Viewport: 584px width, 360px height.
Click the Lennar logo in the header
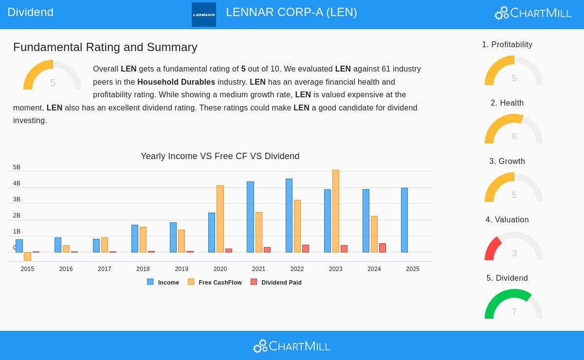(204, 15)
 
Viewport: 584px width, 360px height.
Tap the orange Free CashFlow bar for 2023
(336, 211)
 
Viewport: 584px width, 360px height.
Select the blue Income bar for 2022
(289, 216)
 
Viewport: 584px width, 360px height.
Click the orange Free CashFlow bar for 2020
(220, 219)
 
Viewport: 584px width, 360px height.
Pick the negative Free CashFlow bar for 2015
(27, 256)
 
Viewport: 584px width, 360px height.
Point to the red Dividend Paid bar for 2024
(383, 248)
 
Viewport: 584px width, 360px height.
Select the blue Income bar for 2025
(404, 220)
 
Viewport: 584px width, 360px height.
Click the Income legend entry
(164, 282)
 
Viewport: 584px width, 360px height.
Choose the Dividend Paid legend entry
(276, 282)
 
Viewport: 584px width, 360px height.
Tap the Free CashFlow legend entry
(215, 282)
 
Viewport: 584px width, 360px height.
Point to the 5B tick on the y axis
(17, 167)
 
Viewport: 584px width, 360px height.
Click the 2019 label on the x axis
(182, 269)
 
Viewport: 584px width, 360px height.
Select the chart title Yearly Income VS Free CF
(220, 156)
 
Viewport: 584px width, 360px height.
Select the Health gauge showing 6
(514, 130)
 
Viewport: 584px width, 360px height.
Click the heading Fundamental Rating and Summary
(105, 47)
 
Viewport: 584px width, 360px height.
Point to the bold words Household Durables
(176, 82)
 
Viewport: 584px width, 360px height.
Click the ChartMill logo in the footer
(292, 346)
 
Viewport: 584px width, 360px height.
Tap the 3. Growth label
(507, 161)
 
